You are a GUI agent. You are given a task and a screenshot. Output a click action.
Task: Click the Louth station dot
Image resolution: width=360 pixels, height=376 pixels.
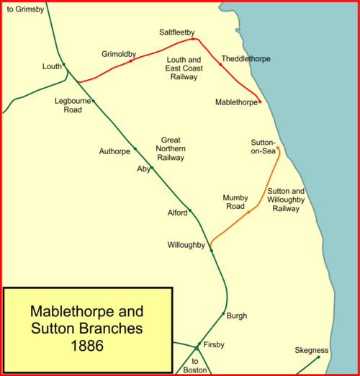(64, 64)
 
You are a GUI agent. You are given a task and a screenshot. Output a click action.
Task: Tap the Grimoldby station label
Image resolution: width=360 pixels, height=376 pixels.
(119, 54)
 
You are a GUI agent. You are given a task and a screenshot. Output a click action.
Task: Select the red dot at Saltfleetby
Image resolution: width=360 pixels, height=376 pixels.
(193, 39)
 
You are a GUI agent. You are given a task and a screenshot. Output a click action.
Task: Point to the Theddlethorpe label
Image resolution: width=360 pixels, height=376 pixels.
(246, 58)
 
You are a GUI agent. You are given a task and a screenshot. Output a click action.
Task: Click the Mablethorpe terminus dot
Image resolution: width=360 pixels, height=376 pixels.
(260, 102)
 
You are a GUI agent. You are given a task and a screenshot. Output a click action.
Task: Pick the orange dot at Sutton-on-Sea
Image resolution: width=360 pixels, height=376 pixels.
(278, 148)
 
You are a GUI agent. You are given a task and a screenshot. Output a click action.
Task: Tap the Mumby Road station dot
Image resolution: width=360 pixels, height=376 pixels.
(248, 212)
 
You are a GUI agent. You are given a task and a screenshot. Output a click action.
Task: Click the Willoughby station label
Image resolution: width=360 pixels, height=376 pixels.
(186, 245)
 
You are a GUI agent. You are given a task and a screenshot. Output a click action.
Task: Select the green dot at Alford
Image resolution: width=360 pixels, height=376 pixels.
(190, 210)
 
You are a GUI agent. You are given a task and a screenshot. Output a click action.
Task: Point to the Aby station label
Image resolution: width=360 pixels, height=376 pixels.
(143, 169)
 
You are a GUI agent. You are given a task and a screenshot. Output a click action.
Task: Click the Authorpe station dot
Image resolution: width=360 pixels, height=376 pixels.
(135, 149)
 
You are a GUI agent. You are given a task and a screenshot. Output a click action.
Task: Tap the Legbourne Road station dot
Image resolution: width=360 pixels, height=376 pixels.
(94, 101)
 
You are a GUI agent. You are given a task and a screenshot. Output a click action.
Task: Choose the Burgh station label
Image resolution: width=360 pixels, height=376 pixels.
(237, 315)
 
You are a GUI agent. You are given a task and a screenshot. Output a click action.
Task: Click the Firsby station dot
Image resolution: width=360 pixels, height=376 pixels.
(199, 344)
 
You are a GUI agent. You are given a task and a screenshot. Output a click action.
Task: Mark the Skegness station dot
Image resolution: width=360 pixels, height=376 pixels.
(318, 357)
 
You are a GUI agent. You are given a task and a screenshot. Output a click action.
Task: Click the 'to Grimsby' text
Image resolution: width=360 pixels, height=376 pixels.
(25, 9)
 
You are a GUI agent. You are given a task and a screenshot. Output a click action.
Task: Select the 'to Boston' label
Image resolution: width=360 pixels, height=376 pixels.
(195, 365)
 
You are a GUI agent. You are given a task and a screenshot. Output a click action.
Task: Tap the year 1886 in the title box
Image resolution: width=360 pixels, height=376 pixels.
(87, 346)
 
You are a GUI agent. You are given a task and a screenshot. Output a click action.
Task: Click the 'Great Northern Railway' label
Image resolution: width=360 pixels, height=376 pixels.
(171, 148)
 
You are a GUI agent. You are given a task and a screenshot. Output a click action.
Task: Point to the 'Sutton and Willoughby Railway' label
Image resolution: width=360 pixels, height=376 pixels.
(286, 200)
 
